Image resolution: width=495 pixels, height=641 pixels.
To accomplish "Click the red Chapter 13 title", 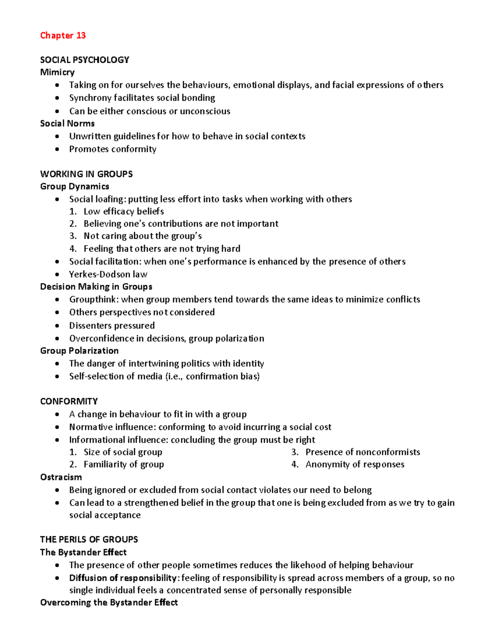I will pyautogui.click(x=63, y=35).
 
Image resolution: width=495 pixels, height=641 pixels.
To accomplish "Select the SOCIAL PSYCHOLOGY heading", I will pyautogui.click(x=85, y=60).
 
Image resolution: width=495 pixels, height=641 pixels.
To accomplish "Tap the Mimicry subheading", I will pyautogui.click(x=57, y=72).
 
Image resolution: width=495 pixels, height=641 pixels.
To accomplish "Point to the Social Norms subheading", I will pyautogui.click(x=67, y=123).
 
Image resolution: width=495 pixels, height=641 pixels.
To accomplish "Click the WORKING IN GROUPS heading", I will pyautogui.click(x=86, y=174).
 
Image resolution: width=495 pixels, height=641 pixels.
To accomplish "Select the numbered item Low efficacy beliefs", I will pyautogui.click(x=123, y=211).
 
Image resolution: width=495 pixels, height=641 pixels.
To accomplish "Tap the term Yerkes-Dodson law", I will pyautogui.click(x=108, y=274).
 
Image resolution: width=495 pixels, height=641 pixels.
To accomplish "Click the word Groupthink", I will pyautogui.click(x=94, y=299).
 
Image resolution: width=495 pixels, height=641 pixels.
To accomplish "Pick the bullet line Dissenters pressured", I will pyautogui.click(x=112, y=325).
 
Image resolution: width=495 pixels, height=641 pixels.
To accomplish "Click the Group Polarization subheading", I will pyautogui.click(x=79, y=350).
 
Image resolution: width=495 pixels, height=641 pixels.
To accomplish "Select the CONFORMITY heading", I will pyautogui.click(x=69, y=401).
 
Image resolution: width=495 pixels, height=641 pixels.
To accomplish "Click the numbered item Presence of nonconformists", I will pyautogui.click(x=363, y=452).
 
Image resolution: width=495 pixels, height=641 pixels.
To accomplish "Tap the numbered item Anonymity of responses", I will pyautogui.click(x=355, y=464).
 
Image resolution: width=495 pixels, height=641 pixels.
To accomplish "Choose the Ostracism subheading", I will pyautogui.click(x=61, y=477).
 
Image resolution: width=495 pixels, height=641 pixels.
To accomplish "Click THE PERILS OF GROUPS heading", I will pyautogui.click(x=89, y=539).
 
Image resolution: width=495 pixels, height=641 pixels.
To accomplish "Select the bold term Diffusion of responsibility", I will pyautogui.click(x=123, y=578).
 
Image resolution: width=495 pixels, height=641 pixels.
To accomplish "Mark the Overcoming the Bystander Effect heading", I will pyautogui.click(x=109, y=602).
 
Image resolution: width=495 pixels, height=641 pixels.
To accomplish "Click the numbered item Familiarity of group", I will pyautogui.click(x=123, y=464).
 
